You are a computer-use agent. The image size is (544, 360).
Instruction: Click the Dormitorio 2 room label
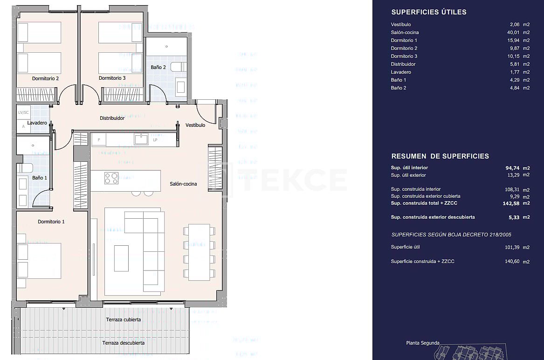tap(45, 78)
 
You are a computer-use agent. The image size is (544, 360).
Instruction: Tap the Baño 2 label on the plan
tap(158, 67)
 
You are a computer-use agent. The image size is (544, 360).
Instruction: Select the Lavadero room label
tap(37, 123)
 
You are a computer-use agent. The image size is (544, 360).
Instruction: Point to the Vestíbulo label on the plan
tap(195, 125)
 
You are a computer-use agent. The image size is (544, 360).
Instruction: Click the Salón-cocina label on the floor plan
tap(183, 184)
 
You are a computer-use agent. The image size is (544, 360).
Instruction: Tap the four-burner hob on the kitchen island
tap(111, 178)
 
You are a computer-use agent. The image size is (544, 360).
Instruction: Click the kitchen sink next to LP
tap(141, 139)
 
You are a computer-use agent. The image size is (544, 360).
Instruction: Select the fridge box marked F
tap(98, 139)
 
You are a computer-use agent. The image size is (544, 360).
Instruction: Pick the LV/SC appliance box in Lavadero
tap(23, 113)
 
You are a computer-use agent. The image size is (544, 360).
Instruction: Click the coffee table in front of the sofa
tap(122, 258)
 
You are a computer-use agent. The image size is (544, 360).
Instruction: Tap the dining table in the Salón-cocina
tap(199, 252)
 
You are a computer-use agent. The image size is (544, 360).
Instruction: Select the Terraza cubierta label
tap(123, 320)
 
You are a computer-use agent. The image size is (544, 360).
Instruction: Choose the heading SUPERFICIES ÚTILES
tap(428, 13)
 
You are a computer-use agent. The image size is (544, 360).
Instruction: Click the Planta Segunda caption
tap(422, 343)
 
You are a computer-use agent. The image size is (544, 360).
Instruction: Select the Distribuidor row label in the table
tap(403, 64)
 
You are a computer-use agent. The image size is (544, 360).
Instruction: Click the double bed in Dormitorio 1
tap(39, 261)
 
